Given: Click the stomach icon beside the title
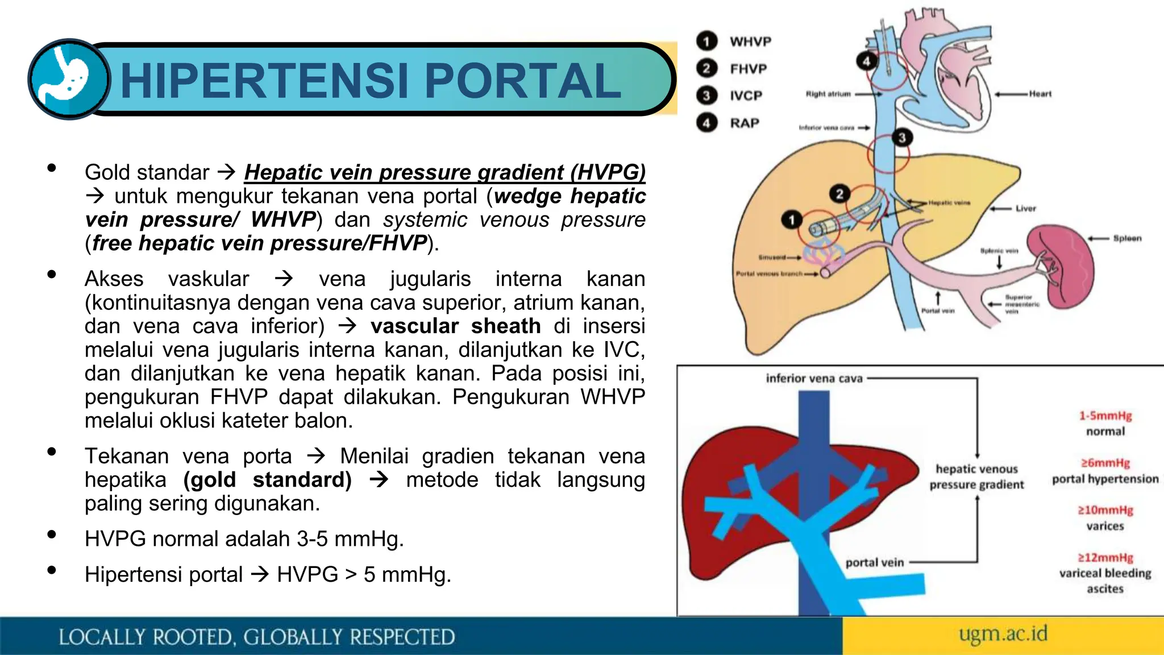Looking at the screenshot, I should (69, 79).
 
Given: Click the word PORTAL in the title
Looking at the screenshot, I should (522, 81).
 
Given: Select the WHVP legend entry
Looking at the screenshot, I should (750, 42).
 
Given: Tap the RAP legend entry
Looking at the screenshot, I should (744, 123).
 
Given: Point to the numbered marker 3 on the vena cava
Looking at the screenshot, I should (901, 138).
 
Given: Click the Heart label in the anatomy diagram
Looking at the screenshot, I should (1040, 94).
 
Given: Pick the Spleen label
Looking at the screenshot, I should (1127, 238).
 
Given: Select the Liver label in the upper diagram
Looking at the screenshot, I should (1026, 209).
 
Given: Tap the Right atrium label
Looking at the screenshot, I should (828, 94).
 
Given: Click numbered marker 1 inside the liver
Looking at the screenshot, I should (791, 219).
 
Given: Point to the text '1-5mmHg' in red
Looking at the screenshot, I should (1105, 416).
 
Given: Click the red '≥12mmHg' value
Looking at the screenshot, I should (1105, 558).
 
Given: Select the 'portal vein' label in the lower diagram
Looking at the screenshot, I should (874, 562).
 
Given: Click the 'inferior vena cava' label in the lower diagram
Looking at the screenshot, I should (814, 378).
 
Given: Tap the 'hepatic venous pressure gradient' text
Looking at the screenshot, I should (976, 476).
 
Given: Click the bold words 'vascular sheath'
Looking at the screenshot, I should (455, 326).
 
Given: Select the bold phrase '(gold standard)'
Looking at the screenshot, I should (268, 479).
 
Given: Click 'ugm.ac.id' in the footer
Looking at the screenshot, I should (1003, 633).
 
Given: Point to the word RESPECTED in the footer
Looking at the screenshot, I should (402, 637).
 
